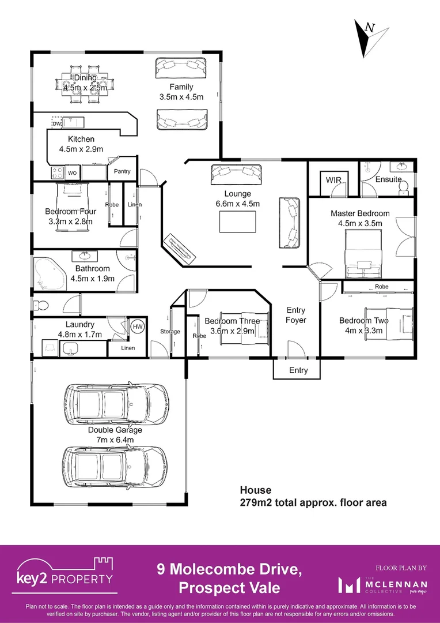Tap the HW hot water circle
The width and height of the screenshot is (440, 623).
pyautogui.click(x=138, y=326)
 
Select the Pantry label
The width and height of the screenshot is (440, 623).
pyautogui.click(x=122, y=171)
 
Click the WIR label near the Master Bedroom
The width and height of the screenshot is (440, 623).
pyautogui.click(x=333, y=181)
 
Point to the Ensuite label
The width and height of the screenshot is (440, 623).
pyautogui.click(x=388, y=179)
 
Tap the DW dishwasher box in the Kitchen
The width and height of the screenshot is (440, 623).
pyautogui.click(x=56, y=123)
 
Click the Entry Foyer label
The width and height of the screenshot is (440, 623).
pyautogui.click(x=296, y=315)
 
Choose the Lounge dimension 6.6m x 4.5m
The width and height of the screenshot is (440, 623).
pyautogui.click(x=237, y=204)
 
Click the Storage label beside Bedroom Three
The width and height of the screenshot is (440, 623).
pyautogui.click(x=170, y=332)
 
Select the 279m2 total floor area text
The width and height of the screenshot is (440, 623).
pyautogui.click(x=313, y=502)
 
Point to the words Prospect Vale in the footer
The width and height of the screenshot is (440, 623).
pyautogui.click(x=229, y=588)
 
